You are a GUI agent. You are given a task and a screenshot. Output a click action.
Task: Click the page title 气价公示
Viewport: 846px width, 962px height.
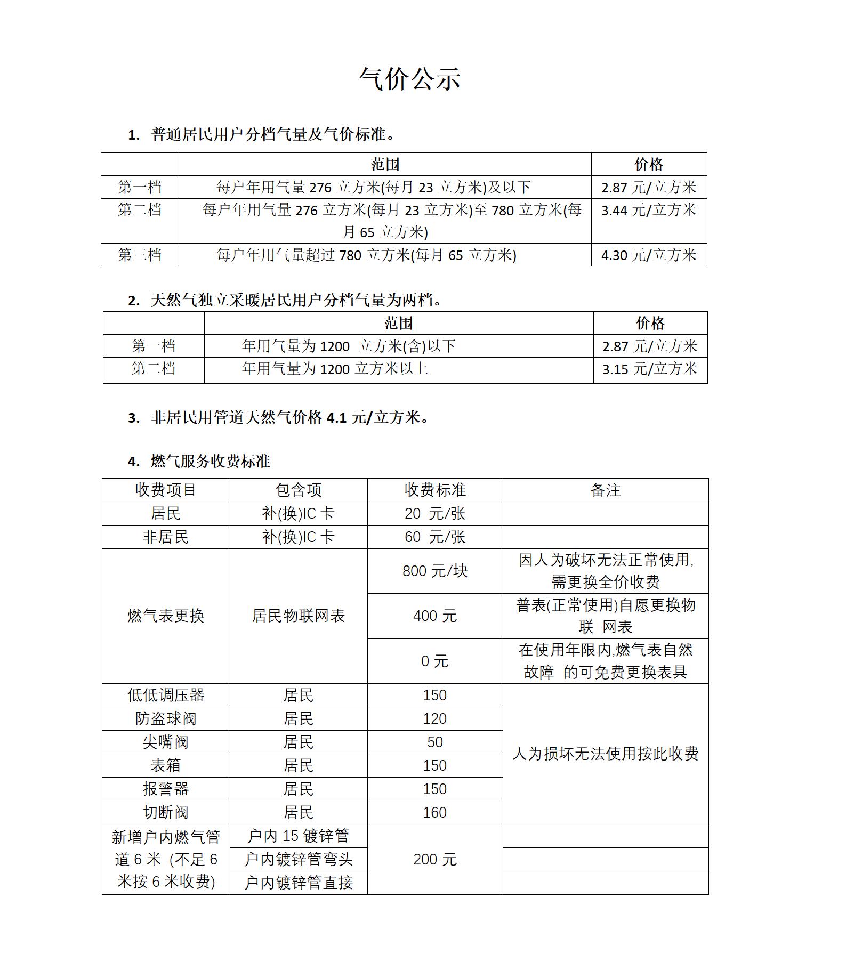[x=409, y=79]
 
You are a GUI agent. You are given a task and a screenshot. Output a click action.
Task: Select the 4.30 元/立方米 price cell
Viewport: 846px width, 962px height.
[x=648, y=255]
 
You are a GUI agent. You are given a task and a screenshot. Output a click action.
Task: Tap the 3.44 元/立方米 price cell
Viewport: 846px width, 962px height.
[x=648, y=210]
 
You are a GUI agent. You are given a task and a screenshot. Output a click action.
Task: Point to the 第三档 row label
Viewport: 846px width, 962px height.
[x=140, y=255]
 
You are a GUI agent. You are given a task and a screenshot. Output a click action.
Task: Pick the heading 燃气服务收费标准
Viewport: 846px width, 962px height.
[x=210, y=462]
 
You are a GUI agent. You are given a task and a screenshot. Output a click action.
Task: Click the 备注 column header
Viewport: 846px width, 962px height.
[x=605, y=490]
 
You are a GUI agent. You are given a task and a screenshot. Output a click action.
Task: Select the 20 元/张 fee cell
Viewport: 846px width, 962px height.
[x=434, y=514]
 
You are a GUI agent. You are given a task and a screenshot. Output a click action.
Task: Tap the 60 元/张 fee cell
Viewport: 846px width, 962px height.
[x=434, y=537]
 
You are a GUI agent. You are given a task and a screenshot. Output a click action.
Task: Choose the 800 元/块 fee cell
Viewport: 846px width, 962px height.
[x=434, y=571]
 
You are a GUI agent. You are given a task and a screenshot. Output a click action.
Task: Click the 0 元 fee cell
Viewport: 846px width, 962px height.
[x=434, y=661]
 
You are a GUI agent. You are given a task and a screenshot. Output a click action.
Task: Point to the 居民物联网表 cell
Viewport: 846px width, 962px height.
[x=299, y=616]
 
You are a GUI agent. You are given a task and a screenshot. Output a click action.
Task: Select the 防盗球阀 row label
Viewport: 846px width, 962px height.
[x=166, y=719]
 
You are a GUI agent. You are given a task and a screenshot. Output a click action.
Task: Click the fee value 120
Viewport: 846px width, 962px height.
[x=434, y=719]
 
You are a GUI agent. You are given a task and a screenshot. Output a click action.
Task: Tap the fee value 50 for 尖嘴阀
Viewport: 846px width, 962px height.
[x=434, y=742]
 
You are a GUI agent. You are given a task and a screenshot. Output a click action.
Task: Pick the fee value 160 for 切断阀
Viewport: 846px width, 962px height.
[x=434, y=813]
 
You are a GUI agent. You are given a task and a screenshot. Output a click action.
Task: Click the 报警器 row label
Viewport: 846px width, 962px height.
[x=166, y=789]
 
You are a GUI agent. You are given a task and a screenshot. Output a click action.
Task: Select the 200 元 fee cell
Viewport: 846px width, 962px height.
[x=434, y=860]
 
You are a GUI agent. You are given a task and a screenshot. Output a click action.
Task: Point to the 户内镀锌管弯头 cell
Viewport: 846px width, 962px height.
[x=299, y=860]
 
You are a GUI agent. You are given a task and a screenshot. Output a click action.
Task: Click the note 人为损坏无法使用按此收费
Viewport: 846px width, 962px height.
[x=605, y=754]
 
